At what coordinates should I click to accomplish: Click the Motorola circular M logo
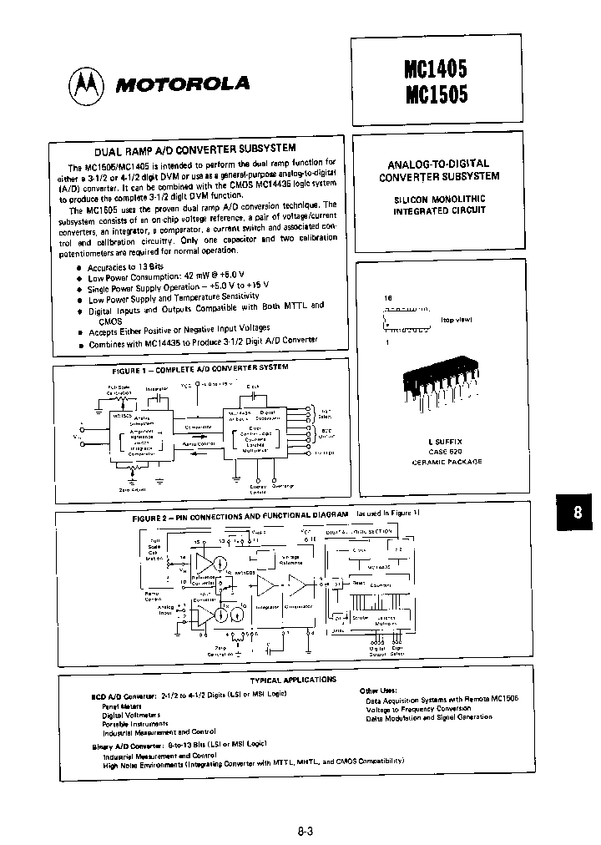(x=87, y=82)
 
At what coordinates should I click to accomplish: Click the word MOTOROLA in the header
(x=182, y=83)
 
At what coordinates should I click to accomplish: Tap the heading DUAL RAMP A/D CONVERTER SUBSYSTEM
(x=194, y=151)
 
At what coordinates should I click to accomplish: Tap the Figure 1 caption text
(x=200, y=367)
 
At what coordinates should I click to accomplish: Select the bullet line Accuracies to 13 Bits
(x=126, y=267)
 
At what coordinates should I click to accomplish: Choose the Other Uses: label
(x=381, y=691)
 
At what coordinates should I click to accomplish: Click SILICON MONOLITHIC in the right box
(x=439, y=201)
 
